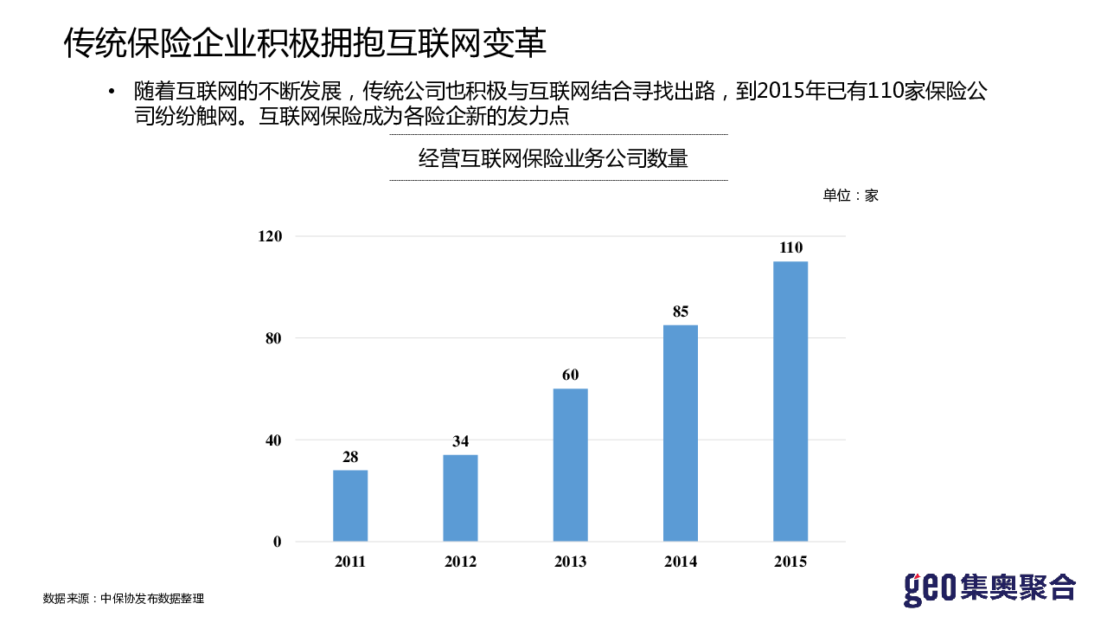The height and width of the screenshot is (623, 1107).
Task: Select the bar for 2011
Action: click(x=350, y=505)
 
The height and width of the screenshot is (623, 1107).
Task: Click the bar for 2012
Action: click(x=460, y=498)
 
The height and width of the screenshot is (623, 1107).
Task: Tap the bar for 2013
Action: click(x=570, y=465)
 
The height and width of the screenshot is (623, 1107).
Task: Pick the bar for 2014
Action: click(x=681, y=433)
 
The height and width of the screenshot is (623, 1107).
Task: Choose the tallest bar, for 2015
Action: click(x=790, y=401)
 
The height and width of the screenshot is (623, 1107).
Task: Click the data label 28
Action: click(x=350, y=457)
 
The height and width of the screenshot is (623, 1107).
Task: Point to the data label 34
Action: click(x=460, y=441)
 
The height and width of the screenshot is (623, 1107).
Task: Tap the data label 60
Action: click(x=570, y=376)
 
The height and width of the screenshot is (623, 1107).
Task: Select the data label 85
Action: click(x=681, y=311)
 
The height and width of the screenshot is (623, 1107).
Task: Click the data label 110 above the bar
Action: click(x=790, y=247)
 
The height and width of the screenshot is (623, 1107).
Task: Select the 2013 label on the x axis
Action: click(x=570, y=562)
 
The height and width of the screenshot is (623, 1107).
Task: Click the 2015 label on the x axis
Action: click(x=790, y=562)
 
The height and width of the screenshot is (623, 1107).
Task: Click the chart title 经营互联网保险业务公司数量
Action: click(x=553, y=158)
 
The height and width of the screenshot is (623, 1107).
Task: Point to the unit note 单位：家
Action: click(x=850, y=196)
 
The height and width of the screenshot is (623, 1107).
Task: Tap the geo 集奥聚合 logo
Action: click(x=989, y=588)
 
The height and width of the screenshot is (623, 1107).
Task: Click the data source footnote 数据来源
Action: click(x=124, y=598)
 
